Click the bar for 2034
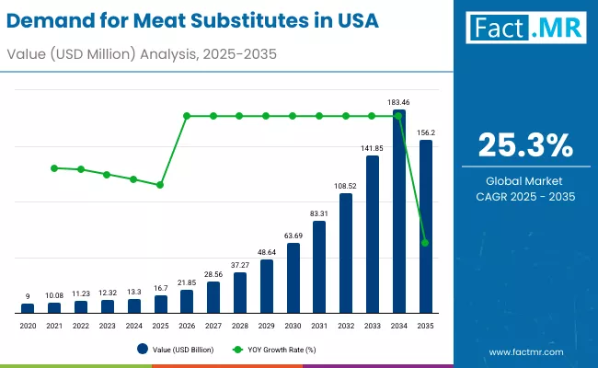coord(398,212)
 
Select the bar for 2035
coord(425,226)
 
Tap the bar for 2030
coord(293,277)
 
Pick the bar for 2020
coord(28,307)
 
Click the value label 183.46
coord(398,102)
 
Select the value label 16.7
coord(160,288)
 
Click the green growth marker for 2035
coord(425,243)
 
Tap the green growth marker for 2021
coord(54,168)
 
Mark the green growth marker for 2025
coord(160,185)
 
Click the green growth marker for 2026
coord(187,116)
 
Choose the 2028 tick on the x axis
coord(239,325)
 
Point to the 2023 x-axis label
coord(107,325)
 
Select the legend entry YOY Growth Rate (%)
coord(279,349)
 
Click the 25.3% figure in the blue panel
coord(526,144)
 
